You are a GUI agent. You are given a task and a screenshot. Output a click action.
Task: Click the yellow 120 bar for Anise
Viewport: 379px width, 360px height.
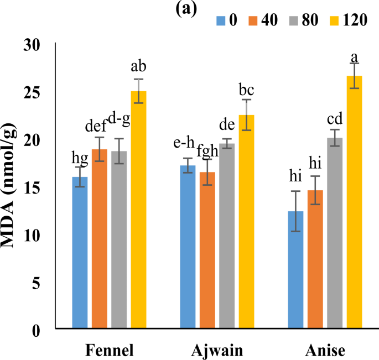tap(354, 202)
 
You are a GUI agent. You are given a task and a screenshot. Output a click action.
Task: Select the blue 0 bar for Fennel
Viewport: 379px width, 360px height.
tap(80, 253)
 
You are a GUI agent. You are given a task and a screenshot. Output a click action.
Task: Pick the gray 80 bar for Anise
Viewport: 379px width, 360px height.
tap(335, 233)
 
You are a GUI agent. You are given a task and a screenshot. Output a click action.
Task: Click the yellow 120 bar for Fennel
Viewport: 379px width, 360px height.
tap(138, 210)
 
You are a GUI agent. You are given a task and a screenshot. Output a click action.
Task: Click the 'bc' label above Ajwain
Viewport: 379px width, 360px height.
tap(246, 89)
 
